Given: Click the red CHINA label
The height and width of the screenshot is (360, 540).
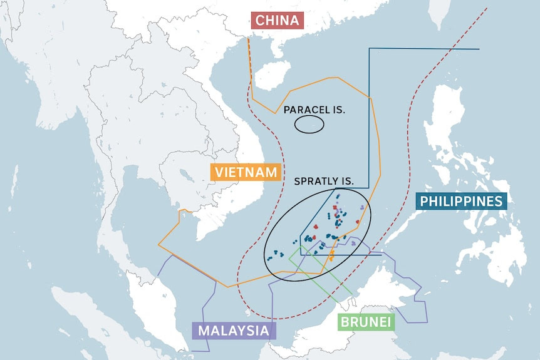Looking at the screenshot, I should pos(277,21).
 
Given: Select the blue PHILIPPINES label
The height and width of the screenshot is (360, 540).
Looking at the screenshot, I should pos(462,201).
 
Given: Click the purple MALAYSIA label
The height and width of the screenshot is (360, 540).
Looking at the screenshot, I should pos(234,331).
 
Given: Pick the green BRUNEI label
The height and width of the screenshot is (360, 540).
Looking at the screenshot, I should pos(366,322).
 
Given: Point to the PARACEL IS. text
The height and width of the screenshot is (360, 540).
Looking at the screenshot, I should pos(314,110).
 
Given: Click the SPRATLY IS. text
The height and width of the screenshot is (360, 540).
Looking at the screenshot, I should pos(324,182).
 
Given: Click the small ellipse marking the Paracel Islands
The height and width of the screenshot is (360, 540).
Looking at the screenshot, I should pos(309,125).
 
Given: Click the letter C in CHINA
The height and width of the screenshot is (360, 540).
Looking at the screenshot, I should pos(259,21).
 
